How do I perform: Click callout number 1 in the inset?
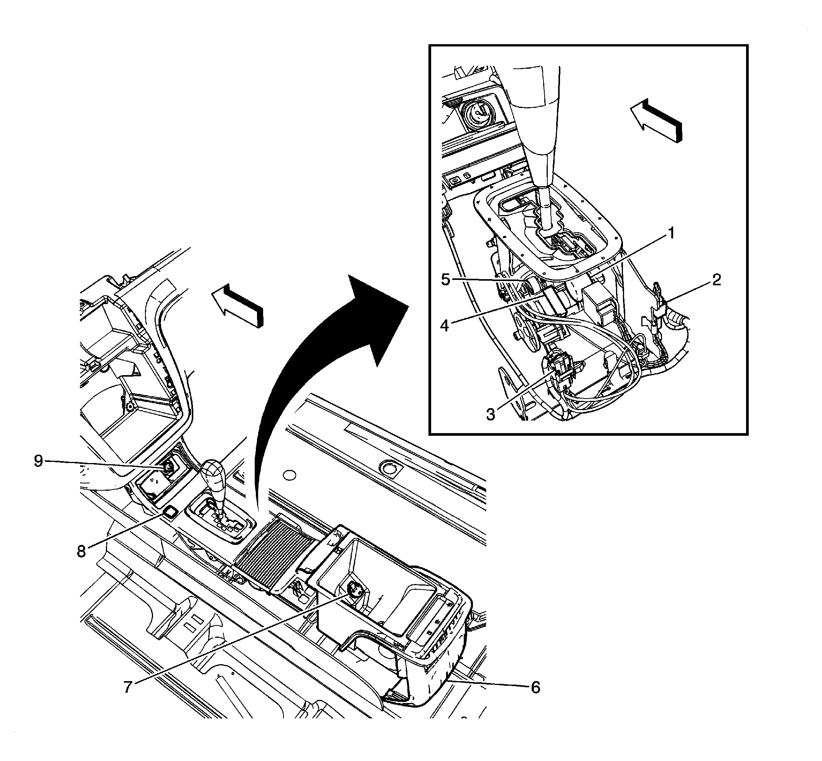click(671, 234)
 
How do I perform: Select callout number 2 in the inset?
click(716, 280)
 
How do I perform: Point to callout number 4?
click(444, 325)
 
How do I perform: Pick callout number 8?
click(81, 551)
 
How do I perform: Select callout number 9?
click(38, 461)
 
